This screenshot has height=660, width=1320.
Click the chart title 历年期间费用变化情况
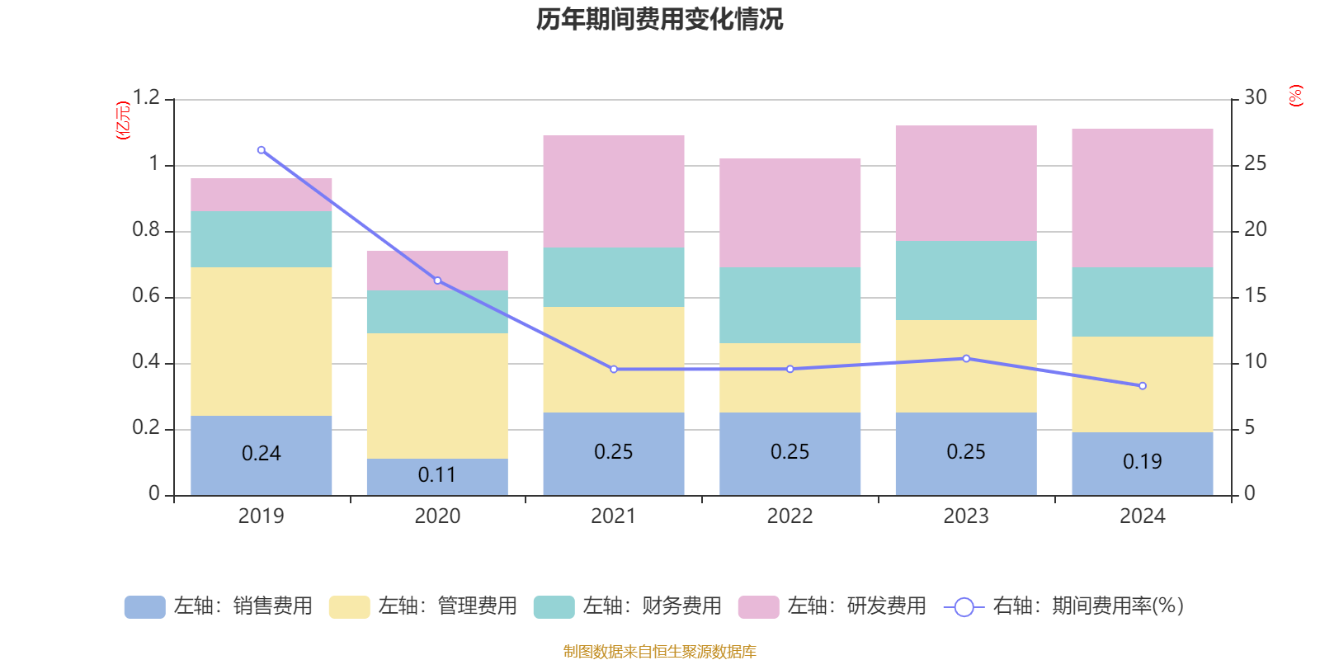pos(659,19)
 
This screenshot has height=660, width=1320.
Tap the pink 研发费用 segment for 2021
pos(613,191)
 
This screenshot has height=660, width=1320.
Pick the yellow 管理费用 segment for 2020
pos(436,395)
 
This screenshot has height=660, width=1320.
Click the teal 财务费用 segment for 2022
pos(790,304)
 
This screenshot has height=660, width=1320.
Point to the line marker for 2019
pos(261,150)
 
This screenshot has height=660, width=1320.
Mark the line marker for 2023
pos(966,359)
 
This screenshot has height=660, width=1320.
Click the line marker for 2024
pos(1143,386)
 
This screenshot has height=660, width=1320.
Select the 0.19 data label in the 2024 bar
pos(1143,462)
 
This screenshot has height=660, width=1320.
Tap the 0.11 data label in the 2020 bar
pos(436,475)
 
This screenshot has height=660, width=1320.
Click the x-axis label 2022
pos(790,516)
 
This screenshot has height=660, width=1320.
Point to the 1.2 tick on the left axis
pos(146,98)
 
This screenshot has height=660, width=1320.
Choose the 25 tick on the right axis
pos(1255,164)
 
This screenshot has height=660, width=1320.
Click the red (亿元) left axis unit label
pos(124,120)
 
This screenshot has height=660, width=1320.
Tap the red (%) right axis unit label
pos(1295,96)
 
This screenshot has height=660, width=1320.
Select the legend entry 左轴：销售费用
pos(219,606)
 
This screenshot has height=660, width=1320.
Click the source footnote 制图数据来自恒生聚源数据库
pos(659,652)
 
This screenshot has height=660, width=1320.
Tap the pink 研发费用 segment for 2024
pos(1143,198)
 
